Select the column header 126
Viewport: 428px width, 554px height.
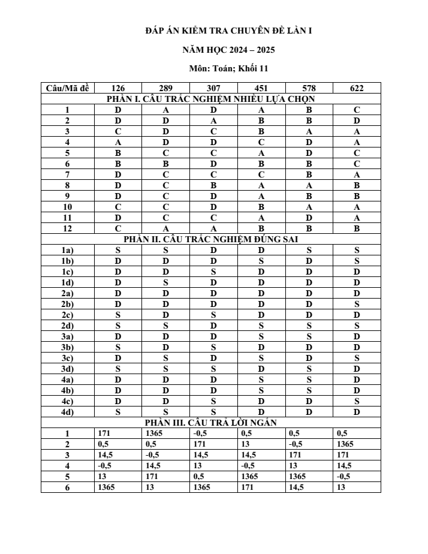118,88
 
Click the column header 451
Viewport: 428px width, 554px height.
261,88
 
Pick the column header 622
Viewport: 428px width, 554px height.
357,88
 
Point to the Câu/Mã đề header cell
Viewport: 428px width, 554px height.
68,88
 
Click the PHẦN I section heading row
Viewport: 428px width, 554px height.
210,99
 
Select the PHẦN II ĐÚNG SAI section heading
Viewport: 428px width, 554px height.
210,239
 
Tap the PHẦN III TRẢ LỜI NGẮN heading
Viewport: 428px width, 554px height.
210,422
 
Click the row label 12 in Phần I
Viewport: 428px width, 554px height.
68,228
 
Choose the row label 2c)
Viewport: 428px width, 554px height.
68,315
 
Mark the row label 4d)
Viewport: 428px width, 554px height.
68,412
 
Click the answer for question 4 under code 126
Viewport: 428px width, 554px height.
118,142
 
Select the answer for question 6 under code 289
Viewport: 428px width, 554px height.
165,164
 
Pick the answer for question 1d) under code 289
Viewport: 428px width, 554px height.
165,282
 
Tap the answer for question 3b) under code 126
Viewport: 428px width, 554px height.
118,347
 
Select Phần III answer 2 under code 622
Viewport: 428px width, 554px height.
346,444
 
